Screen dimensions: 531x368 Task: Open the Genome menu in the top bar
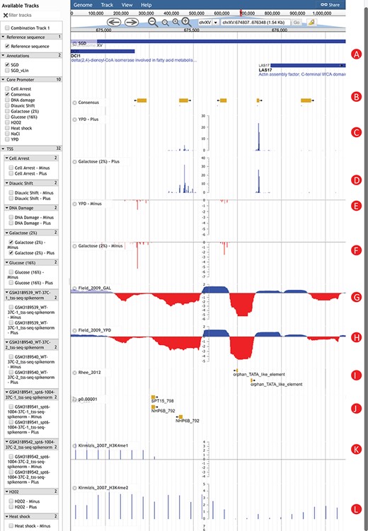coord(83,4)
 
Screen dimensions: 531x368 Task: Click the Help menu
coord(146,4)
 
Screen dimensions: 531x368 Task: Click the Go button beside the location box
coord(297,22)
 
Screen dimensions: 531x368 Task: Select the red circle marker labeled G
coord(357,297)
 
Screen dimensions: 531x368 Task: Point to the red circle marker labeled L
coord(357,508)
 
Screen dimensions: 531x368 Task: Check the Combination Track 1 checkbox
coord(7,27)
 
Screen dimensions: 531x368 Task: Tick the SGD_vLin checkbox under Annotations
coord(7,71)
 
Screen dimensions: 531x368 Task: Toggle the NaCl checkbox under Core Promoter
coord(7,133)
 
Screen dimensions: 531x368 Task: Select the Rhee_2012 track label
coord(89,370)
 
